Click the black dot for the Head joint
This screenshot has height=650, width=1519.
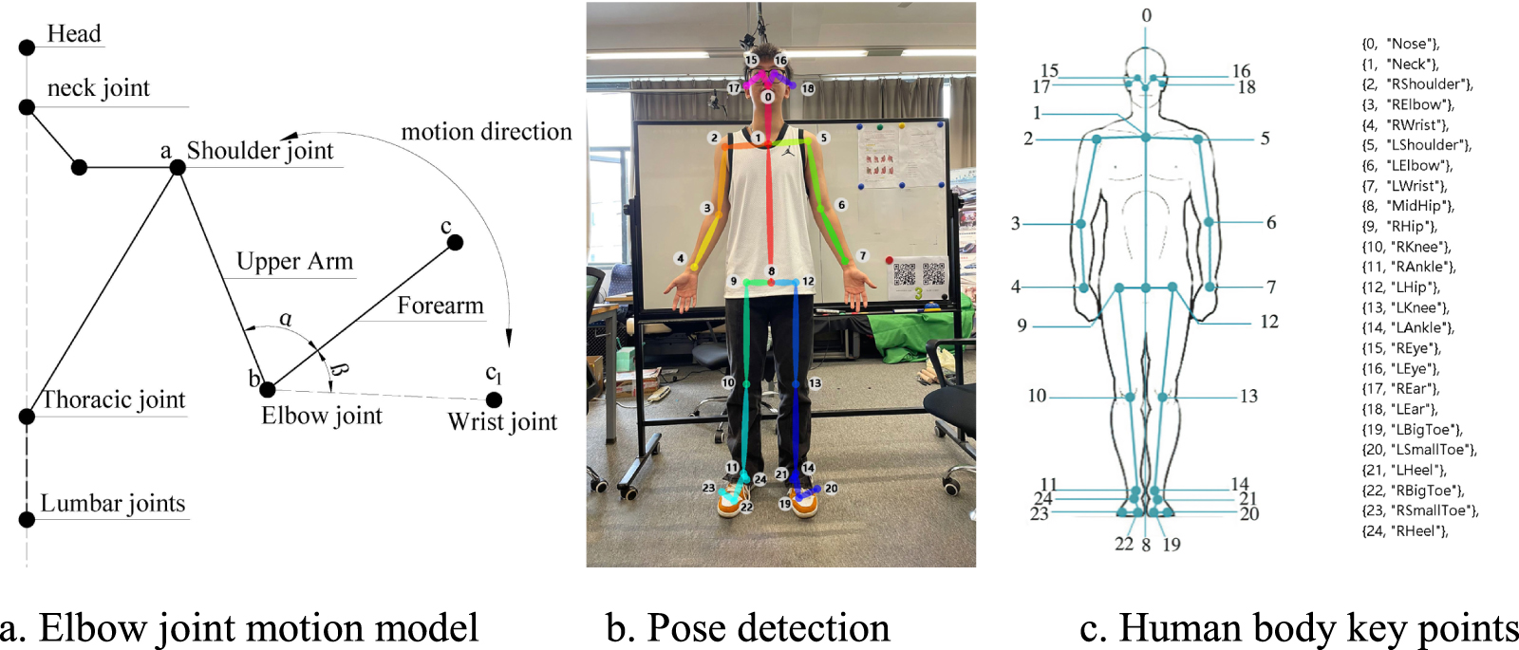(x=27, y=47)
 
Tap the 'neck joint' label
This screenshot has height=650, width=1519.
(x=99, y=88)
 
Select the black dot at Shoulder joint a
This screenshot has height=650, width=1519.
(x=177, y=167)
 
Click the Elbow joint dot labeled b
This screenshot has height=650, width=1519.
(x=268, y=389)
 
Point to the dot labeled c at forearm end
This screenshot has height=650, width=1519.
(x=455, y=243)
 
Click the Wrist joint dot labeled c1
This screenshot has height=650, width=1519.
(x=494, y=400)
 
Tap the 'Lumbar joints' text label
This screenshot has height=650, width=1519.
(x=112, y=504)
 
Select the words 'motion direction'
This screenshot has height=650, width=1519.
(x=486, y=132)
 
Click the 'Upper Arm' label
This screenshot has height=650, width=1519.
(x=294, y=262)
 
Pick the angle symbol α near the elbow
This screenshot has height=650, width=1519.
(x=286, y=320)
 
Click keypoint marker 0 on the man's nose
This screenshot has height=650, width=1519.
(x=768, y=97)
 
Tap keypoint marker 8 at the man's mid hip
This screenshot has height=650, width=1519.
(x=771, y=271)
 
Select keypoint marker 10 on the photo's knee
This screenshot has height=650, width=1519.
(x=728, y=382)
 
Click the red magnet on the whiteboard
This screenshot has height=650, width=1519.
(x=889, y=260)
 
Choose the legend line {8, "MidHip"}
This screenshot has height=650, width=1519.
(x=1408, y=206)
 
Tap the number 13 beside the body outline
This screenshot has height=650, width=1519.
(x=1248, y=397)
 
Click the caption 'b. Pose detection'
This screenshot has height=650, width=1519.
(x=747, y=628)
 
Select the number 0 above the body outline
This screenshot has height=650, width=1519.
(x=1146, y=16)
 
